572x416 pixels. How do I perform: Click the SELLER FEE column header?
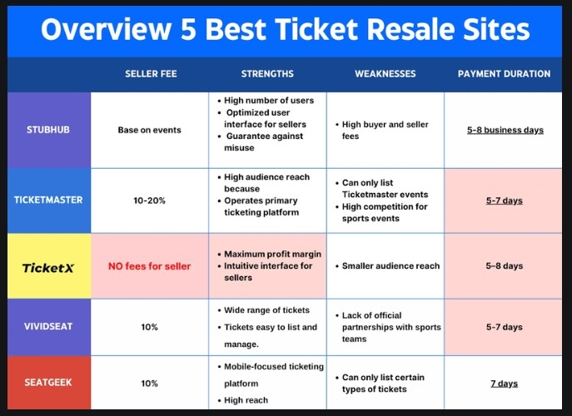pyautogui.click(x=149, y=74)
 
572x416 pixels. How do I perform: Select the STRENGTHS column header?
pyautogui.click(x=267, y=74)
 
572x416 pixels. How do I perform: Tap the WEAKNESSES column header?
pyautogui.click(x=385, y=74)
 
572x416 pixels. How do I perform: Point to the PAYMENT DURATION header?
pyautogui.click(x=504, y=74)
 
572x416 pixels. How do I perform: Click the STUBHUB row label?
pyautogui.click(x=48, y=131)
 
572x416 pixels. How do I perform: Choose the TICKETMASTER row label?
pyautogui.click(x=48, y=201)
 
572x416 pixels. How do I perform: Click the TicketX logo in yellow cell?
pyautogui.click(x=48, y=266)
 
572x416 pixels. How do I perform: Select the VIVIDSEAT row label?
pyautogui.click(x=48, y=327)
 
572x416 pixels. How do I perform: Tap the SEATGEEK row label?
pyautogui.click(x=48, y=383)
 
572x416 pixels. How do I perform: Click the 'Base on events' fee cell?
pyautogui.click(x=149, y=131)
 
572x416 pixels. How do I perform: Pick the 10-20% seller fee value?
pyautogui.click(x=149, y=201)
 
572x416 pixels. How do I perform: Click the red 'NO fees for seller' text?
pyautogui.click(x=149, y=266)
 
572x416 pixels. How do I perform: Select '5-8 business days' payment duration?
pyautogui.click(x=505, y=131)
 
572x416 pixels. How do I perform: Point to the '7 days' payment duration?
pyautogui.click(x=504, y=384)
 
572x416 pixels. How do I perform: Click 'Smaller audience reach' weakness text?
pyautogui.click(x=390, y=266)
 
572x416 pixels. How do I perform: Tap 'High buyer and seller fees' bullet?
pyautogui.click(x=385, y=130)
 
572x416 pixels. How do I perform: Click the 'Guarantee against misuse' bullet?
pyautogui.click(x=266, y=142)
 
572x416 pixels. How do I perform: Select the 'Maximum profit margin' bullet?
pyautogui.click(x=272, y=254)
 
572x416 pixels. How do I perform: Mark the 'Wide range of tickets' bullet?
pyautogui.click(x=266, y=310)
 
